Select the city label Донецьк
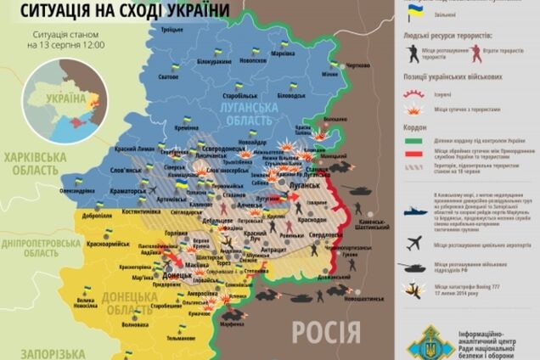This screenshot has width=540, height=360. coord(175,275)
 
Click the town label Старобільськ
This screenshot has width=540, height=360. coord(227,85)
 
